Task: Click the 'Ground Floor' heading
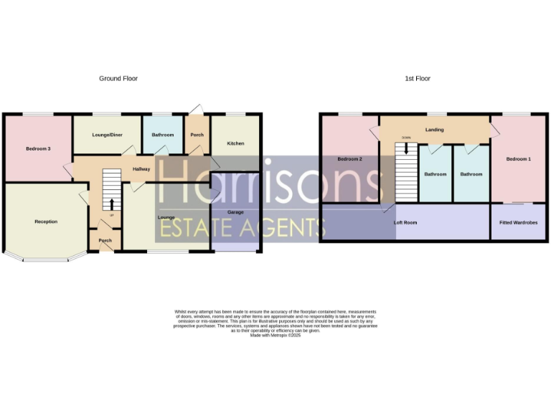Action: point(118,78)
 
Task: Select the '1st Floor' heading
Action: point(418,78)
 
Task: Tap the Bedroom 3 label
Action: point(38,148)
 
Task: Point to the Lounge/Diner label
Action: point(107,135)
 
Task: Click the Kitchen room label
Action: point(236,143)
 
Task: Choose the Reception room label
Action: point(46,222)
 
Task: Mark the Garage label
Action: point(235,213)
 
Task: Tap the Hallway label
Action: point(141,168)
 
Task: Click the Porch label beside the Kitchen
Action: point(197,135)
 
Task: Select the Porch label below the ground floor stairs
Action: point(105,241)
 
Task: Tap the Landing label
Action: point(434,130)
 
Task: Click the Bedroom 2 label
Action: point(349,158)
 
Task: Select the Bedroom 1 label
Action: point(518,158)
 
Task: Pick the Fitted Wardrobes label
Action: point(518,223)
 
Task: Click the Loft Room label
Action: point(405,223)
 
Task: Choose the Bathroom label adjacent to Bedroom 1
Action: point(471,174)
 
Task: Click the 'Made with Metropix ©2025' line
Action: point(275,336)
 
